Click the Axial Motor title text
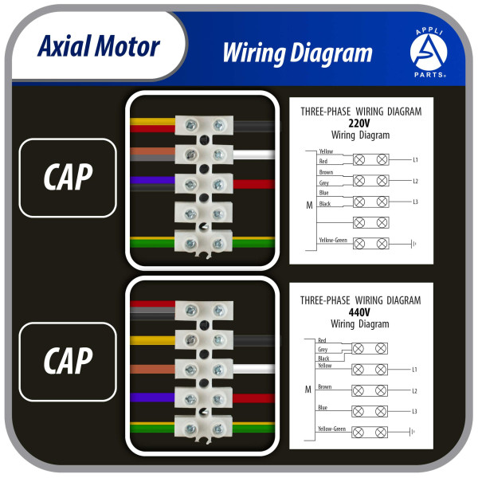[x=99, y=45]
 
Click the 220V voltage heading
[x=361, y=123]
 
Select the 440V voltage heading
[x=361, y=312]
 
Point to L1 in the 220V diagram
[x=415, y=160]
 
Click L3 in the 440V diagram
[x=415, y=411]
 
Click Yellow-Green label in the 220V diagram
[x=332, y=239]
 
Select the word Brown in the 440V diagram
[x=324, y=386]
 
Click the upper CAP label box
[x=68, y=178]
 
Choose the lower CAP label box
[x=68, y=360]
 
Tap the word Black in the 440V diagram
[x=323, y=358]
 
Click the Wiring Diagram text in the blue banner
[x=297, y=53]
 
